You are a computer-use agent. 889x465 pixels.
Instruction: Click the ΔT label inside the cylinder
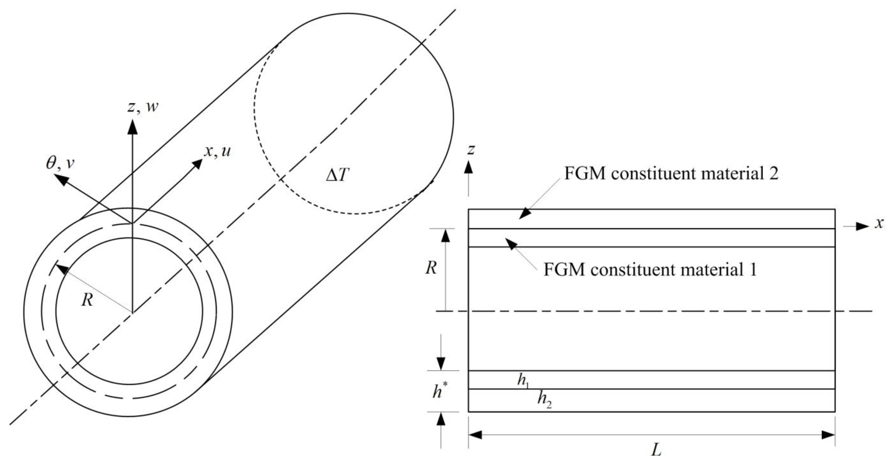pos(338,176)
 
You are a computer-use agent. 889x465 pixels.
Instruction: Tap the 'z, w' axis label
pos(143,107)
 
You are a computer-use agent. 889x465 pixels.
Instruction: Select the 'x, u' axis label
pos(217,151)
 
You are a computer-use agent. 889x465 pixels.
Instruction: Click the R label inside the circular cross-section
pos(87,300)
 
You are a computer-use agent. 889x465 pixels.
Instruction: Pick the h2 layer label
pos(544,400)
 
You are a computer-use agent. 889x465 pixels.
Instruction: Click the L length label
pos(656,450)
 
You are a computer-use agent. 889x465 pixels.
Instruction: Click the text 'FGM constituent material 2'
pos(671,174)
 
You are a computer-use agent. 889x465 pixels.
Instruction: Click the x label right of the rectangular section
pos(879,223)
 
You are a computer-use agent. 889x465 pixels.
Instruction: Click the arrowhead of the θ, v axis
pos(60,180)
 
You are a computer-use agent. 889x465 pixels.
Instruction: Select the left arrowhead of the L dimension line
pos(475,435)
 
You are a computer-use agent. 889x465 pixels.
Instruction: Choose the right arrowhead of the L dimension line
pos(828,435)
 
